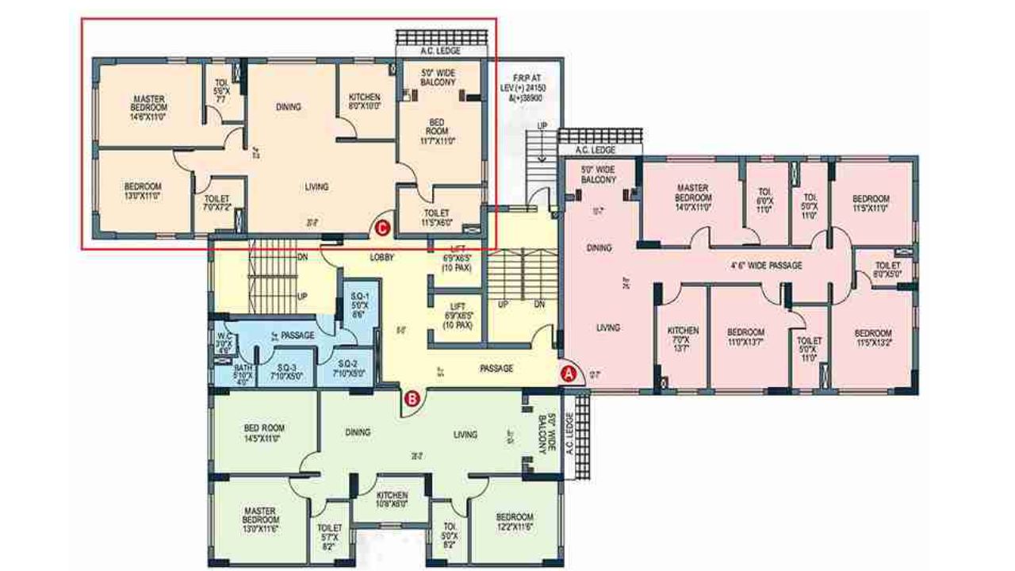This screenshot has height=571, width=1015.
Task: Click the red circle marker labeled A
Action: [x=568, y=371]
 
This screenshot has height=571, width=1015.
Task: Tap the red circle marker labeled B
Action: [x=412, y=399]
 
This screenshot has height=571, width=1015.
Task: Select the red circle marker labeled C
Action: [x=382, y=228]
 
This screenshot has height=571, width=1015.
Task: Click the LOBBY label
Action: [x=382, y=258]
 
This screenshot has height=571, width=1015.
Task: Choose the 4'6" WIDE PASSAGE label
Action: [x=765, y=266]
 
